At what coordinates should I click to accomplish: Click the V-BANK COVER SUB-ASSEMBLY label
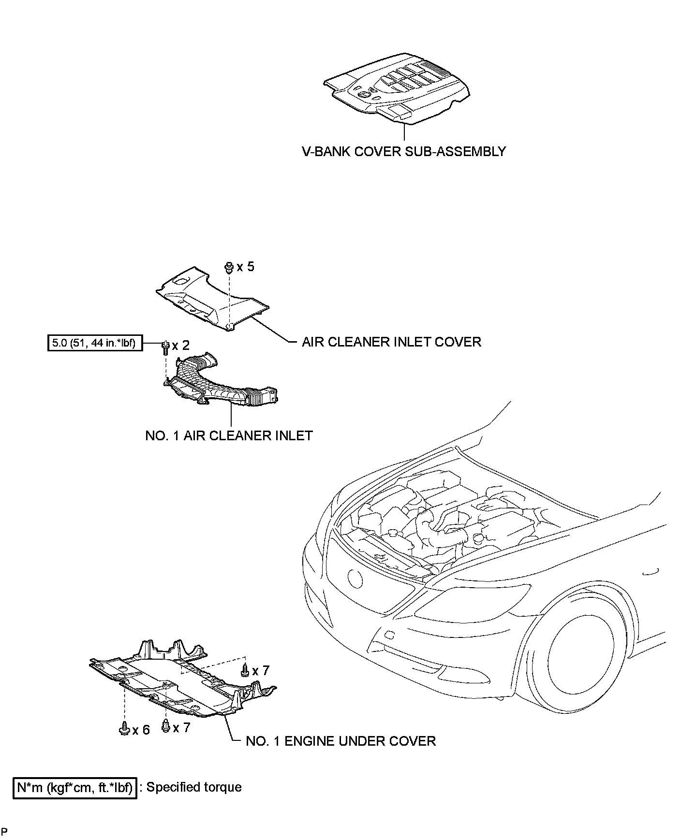[x=404, y=151]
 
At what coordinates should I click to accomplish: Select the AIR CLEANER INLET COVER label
[x=391, y=342]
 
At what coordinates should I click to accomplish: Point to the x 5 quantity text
[x=245, y=266]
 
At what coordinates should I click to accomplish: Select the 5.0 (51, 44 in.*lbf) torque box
[x=95, y=343]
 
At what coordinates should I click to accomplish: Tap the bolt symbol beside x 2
[x=165, y=347]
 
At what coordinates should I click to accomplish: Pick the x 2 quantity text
[x=181, y=345]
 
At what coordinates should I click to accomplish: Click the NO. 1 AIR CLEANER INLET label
[x=229, y=435]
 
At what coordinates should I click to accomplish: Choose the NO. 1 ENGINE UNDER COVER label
[x=340, y=741]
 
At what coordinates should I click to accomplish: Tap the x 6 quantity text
[x=141, y=730]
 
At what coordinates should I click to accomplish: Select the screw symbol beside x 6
[x=124, y=728]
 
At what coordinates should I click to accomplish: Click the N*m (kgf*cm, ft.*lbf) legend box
[x=75, y=788]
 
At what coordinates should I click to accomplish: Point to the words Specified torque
[x=194, y=787]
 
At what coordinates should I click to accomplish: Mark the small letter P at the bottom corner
[x=4, y=831]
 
